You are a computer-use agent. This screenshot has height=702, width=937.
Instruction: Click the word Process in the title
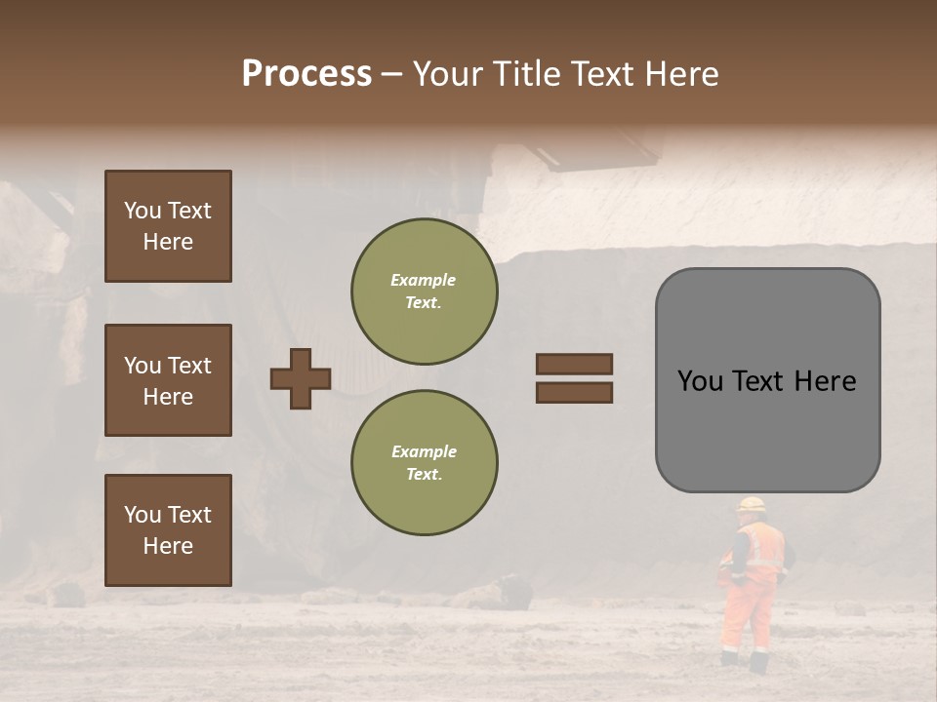(306, 74)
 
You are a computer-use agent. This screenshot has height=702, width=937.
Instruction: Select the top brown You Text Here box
(168, 226)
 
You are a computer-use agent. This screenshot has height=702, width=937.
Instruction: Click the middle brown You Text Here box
(168, 380)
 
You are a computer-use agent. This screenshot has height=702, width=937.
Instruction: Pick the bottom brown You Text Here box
(168, 529)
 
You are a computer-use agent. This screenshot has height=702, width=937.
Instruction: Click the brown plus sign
(301, 378)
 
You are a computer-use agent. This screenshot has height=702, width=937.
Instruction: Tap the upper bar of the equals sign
(574, 364)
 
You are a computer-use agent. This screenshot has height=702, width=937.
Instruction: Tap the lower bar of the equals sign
(574, 392)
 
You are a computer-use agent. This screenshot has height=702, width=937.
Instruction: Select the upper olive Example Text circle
(424, 291)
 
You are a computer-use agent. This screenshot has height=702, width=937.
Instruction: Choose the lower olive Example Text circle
(424, 462)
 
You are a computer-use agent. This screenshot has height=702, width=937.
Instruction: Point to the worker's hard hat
(752, 505)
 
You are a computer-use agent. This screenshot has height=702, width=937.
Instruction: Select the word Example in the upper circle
(424, 280)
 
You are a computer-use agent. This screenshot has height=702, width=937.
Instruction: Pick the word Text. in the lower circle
(424, 474)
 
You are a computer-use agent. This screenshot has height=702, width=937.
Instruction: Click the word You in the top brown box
(142, 211)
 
